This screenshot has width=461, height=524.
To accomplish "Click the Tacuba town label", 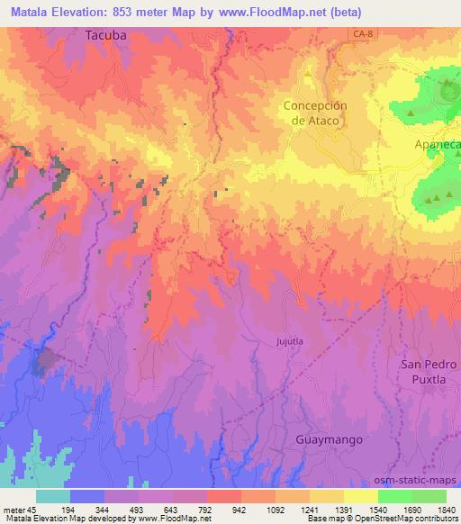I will (107, 36).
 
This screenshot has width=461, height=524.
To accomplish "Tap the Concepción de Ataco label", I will (315, 113).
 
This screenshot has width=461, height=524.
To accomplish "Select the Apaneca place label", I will (437, 144).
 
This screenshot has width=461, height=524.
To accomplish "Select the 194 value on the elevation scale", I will (88, 509).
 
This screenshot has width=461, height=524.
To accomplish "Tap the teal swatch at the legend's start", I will (53, 496).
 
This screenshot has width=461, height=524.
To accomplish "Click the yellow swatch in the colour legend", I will (360, 496).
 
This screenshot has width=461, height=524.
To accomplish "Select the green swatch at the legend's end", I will (429, 496).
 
